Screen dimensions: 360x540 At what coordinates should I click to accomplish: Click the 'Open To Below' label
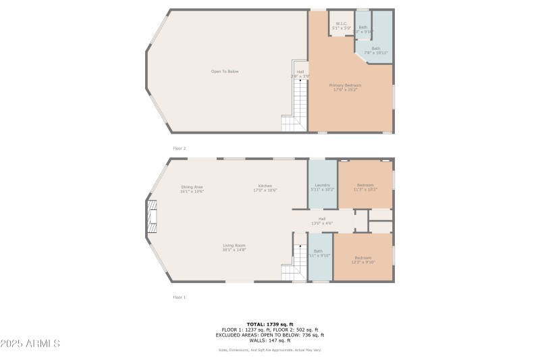[x=225, y=72]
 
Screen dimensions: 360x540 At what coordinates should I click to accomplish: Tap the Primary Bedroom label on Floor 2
[x=345, y=87]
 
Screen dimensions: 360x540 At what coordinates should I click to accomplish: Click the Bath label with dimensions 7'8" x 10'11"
[x=372, y=50]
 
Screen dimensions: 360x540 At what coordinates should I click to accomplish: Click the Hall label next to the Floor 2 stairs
[x=300, y=74]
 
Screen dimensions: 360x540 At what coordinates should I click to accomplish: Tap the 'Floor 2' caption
[x=179, y=148]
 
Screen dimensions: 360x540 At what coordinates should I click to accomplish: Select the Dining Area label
[x=192, y=188]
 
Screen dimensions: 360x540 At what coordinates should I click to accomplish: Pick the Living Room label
[x=234, y=247]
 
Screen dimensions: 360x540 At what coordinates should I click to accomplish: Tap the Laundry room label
[x=322, y=186]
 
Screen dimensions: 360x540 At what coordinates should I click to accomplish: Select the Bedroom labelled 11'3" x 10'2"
[x=365, y=186]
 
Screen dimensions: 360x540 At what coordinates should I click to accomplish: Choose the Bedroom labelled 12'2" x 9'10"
[x=363, y=259]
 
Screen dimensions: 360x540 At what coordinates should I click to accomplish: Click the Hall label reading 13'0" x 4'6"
[x=322, y=221]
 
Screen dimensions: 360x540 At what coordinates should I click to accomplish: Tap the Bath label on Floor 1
[x=318, y=253]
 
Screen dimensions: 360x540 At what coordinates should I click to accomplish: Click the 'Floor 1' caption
[x=179, y=297]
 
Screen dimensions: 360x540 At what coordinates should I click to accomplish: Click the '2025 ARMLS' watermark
[x=31, y=344]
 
